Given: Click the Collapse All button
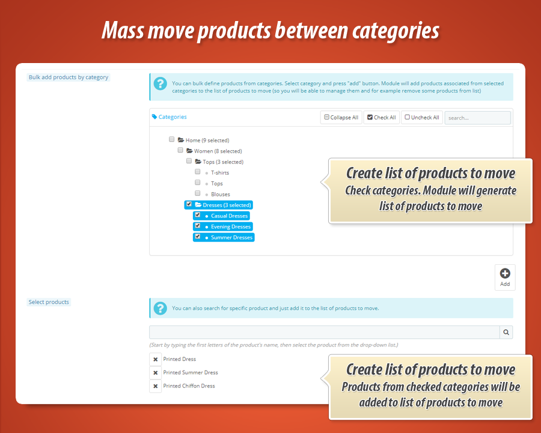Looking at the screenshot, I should (341, 118).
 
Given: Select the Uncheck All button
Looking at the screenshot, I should (422, 118).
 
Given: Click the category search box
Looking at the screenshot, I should (477, 118).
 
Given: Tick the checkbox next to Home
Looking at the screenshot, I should (172, 139).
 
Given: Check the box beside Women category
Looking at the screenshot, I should (180, 150).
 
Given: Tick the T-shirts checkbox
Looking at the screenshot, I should (198, 172).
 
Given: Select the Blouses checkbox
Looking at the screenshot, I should (198, 193).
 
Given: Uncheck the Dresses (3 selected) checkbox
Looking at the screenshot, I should (189, 204).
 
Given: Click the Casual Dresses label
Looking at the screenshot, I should (229, 216).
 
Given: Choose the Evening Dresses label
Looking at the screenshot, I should (230, 226).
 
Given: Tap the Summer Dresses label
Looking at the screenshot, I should (231, 237).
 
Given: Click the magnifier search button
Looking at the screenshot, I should (506, 332).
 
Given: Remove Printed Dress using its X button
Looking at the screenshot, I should (156, 360).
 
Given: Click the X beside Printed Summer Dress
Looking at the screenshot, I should (156, 373).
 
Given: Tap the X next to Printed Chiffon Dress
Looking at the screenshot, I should (156, 386).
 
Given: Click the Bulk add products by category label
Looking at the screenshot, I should (69, 77).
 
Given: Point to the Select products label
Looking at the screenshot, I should (49, 302).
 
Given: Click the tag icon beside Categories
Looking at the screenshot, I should (154, 117).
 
